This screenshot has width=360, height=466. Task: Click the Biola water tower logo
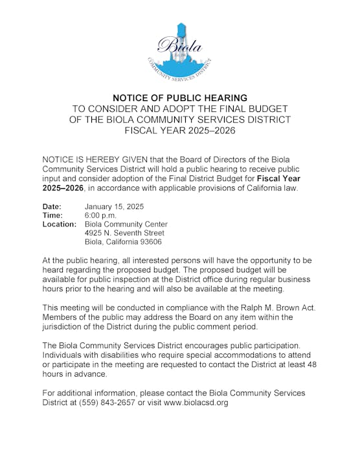coord(180,51)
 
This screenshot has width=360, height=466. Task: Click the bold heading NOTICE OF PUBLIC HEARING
coord(180,98)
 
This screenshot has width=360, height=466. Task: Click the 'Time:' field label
coord(52,215)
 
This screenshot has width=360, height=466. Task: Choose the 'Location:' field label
coord(59,224)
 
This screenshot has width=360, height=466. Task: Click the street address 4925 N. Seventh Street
coord(124,233)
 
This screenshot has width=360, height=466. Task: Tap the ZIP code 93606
coord(149,242)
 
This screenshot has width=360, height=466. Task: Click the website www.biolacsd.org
coord(196,402)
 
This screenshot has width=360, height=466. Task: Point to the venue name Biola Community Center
coord(126,224)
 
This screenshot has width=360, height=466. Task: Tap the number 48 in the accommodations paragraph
coord(312,364)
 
